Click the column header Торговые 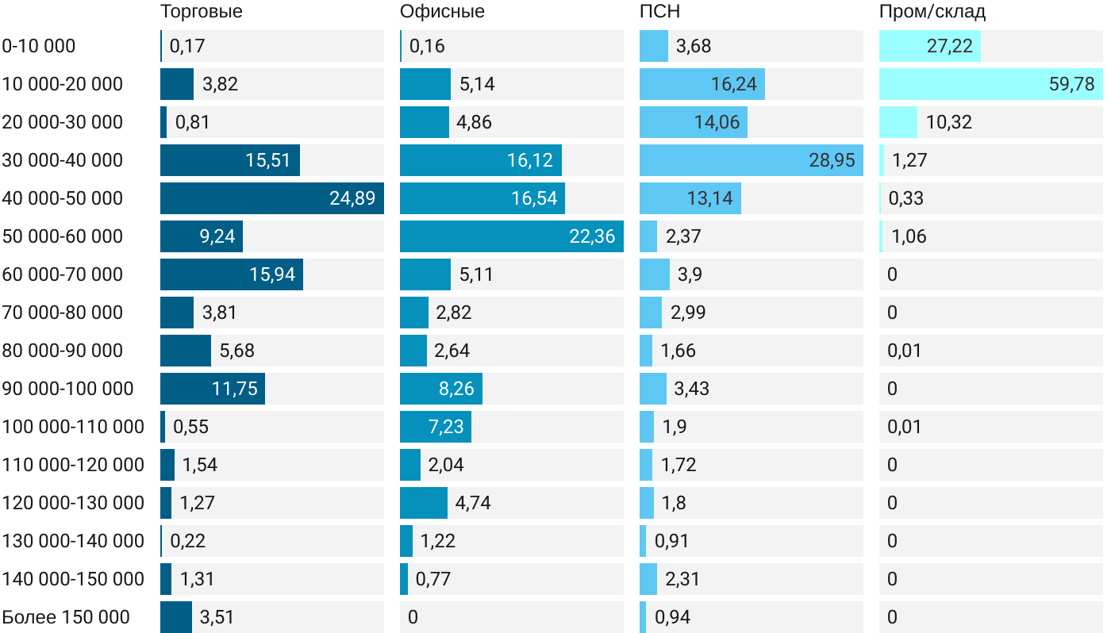click(x=202, y=12)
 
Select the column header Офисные click(x=442, y=12)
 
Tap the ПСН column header click(x=659, y=12)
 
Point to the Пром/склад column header click(x=932, y=12)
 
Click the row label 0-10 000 click(x=39, y=46)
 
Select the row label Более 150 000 click(x=66, y=617)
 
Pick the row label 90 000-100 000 click(x=67, y=389)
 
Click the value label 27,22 click(x=949, y=46)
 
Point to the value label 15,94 click(x=272, y=274)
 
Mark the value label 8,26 click(x=456, y=389)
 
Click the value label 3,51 click(x=217, y=617)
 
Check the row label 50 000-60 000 click(x=63, y=236)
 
